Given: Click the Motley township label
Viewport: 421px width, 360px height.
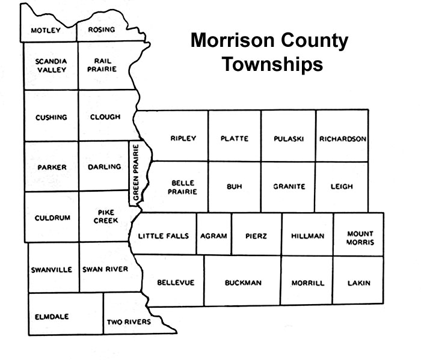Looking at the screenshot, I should [46, 30].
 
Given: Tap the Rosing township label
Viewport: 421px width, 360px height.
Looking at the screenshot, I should [102, 29].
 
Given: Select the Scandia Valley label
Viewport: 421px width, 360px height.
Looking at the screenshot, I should [51, 65].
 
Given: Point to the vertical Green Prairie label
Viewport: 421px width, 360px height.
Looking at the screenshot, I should [137, 172].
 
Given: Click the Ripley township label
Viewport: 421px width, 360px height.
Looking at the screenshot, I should [183, 138].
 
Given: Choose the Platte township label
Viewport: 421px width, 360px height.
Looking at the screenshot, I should [234, 138].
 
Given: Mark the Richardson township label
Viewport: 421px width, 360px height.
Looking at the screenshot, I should [343, 138].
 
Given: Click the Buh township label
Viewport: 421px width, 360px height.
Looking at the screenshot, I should [234, 186].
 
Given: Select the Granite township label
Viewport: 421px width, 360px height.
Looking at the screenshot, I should [289, 186].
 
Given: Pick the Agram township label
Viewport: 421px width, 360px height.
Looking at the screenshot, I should [215, 236].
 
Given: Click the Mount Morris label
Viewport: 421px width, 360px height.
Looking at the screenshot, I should [360, 238].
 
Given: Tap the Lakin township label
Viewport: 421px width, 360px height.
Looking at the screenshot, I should [359, 282].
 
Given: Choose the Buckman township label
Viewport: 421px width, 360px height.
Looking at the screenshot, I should [242, 282].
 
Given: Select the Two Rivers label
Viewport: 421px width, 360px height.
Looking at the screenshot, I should [129, 322].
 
